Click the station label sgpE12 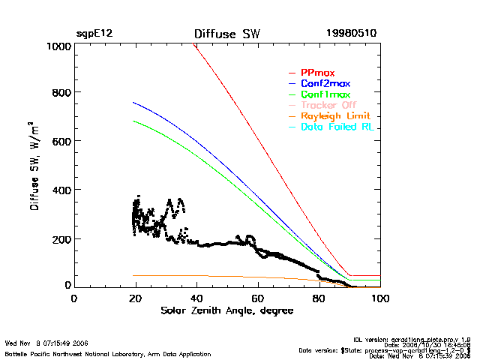(x=94, y=34)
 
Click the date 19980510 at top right (x=352, y=34)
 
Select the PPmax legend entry (x=317, y=73)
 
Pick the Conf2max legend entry (x=325, y=84)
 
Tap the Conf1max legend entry (x=325, y=95)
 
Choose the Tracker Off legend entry (x=328, y=106)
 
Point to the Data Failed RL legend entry (x=337, y=127)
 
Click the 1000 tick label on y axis (x=57, y=46)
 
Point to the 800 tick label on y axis (x=60, y=93)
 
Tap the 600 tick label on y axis (x=60, y=142)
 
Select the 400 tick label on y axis (x=60, y=190)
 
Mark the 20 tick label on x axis (x=135, y=298)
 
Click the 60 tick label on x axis (x=258, y=298)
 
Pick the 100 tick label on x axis (x=380, y=298)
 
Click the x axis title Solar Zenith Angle (x=226, y=310)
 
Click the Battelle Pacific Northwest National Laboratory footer (x=108, y=353)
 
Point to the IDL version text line (x=423, y=339)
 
